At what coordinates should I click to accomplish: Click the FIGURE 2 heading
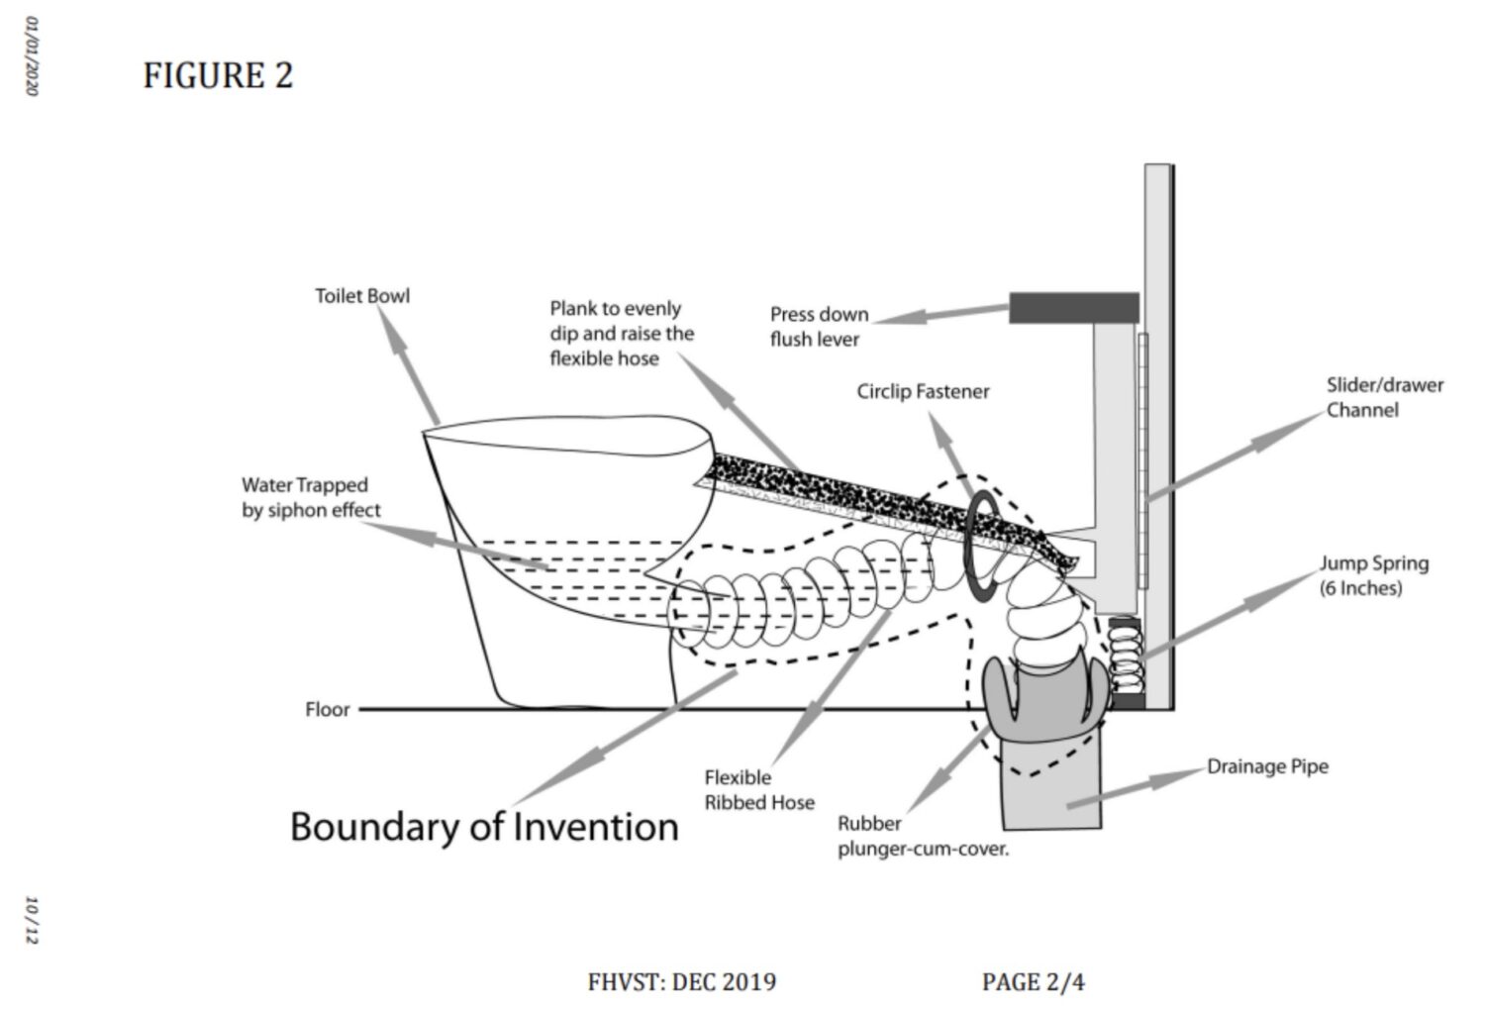click(x=218, y=75)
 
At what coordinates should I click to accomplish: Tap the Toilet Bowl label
click(x=362, y=296)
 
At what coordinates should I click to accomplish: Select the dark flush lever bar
click(x=1074, y=308)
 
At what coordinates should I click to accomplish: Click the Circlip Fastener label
click(x=923, y=391)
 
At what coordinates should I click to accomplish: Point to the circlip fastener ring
click(x=968, y=546)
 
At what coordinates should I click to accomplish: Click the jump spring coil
click(x=1126, y=657)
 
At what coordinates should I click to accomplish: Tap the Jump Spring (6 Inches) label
click(x=1374, y=575)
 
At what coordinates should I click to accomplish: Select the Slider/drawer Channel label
click(x=1385, y=397)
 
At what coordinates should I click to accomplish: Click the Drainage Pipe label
click(x=1267, y=766)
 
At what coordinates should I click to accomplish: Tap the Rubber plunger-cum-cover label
click(x=923, y=836)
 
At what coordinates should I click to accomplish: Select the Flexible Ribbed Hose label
click(x=759, y=789)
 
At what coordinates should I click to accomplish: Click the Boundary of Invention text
click(x=485, y=828)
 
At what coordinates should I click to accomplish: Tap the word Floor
click(x=327, y=709)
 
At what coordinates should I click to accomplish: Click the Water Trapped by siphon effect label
click(x=311, y=497)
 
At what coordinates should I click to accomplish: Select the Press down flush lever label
click(x=819, y=326)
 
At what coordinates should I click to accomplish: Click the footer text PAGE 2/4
click(x=1034, y=982)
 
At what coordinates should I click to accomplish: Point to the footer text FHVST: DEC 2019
click(x=681, y=982)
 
